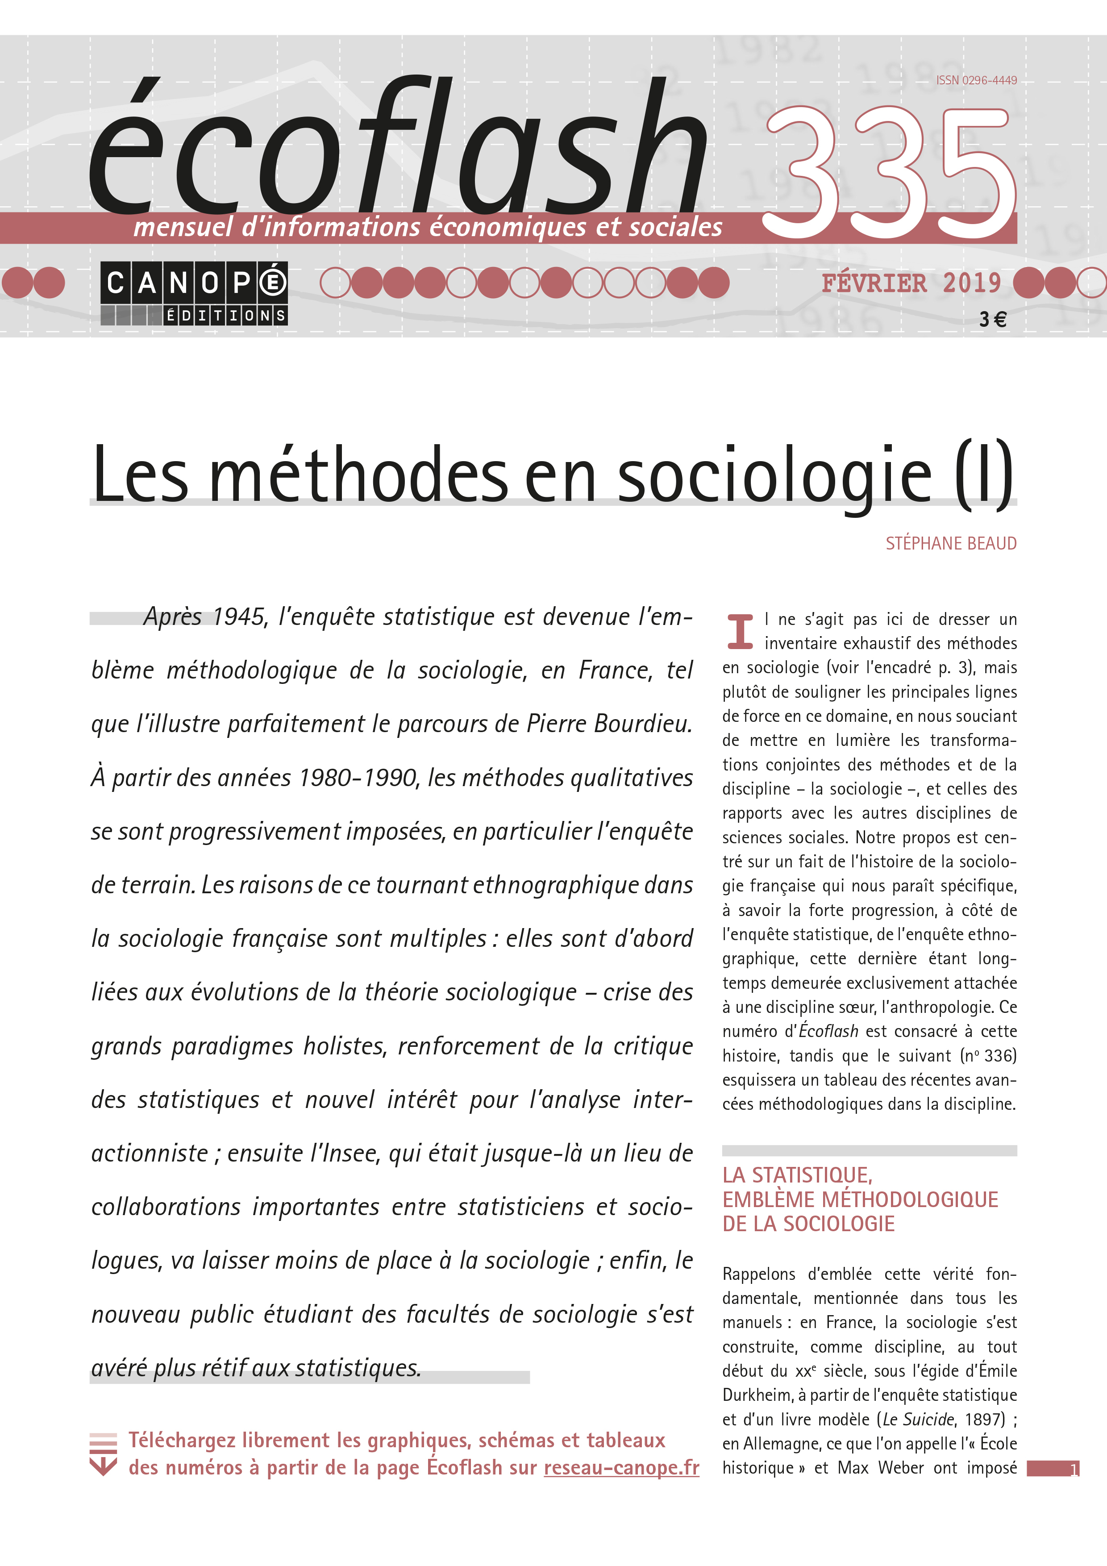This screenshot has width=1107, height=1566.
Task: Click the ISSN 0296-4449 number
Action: (x=976, y=80)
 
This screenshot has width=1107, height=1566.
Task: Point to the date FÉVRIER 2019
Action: (x=911, y=283)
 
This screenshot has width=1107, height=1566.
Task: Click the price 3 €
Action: (x=992, y=319)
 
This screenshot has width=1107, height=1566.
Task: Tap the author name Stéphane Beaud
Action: (x=951, y=544)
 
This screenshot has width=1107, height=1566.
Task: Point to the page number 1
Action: (x=1074, y=1469)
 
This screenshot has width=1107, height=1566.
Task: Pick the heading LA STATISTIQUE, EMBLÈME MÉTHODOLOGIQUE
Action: (x=859, y=1199)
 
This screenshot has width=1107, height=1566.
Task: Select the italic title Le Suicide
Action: (x=919, y=1420)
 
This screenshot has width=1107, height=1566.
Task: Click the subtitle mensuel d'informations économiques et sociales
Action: (x=428, y=227)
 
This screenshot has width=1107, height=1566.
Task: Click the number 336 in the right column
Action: (x=999, y=1056)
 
